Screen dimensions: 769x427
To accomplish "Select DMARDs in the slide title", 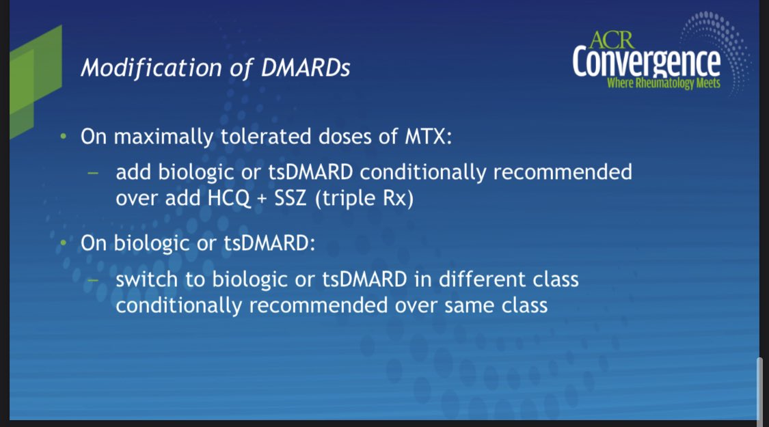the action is coord(306,68).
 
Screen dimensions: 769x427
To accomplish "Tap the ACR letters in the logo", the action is coord(612,40).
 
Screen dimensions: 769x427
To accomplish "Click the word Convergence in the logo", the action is coord(647,62).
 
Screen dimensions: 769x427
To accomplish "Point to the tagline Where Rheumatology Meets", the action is coord(664,83).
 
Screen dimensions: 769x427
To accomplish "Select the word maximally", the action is coord(163,137).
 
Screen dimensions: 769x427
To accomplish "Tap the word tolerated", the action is coord(265,136).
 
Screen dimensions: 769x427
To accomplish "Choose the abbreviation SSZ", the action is coord(291,198).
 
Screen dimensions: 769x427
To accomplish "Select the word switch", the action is coord(146,279).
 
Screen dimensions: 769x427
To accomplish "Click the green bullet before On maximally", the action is coord(63,136).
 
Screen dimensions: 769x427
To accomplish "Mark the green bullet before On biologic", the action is coord(63,243).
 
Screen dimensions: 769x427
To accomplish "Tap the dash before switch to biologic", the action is coord(93,281).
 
